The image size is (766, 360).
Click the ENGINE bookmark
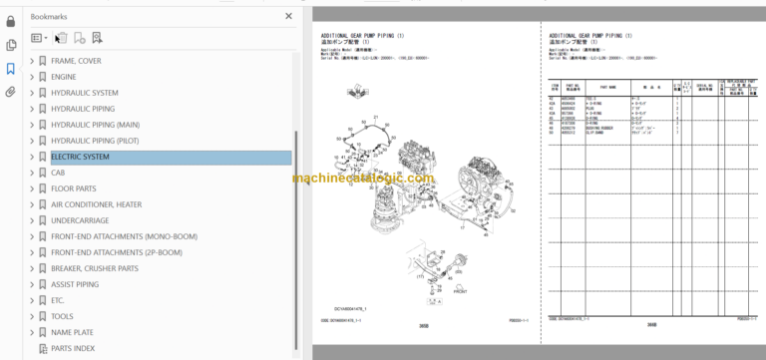(64, 77)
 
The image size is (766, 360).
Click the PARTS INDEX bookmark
(73, 348)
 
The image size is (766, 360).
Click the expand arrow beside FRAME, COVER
(32, 61)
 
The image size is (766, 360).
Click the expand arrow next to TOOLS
(32, 316)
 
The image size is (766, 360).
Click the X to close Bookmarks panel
(288, 17)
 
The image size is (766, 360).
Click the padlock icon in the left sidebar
(11, 21)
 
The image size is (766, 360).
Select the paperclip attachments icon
(11, 92)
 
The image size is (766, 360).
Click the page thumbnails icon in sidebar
(11, 45)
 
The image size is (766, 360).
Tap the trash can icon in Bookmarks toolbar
(60, 38)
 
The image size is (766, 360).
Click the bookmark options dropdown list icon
(38, 38)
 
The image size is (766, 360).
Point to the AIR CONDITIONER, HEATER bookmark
(96, 204)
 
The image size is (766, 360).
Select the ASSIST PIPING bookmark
(75, 284)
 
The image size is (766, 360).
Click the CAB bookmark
(58, 173)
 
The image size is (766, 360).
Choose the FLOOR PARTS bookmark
(74, 188)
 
